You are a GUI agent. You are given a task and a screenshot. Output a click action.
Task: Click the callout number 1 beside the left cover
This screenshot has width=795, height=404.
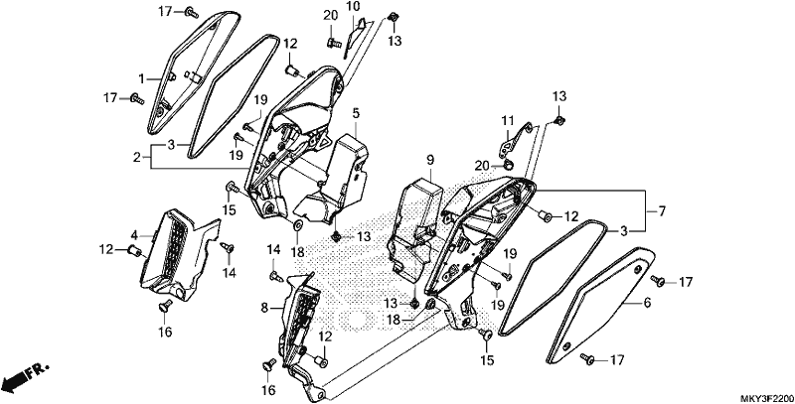pos(142,78)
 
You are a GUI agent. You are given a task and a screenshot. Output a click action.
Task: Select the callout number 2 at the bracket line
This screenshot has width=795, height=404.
pos(137,158)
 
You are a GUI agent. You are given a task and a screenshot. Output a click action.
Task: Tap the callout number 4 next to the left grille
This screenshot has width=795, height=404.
pos(134,235)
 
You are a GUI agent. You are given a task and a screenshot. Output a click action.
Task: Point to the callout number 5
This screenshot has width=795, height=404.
pos(356,113)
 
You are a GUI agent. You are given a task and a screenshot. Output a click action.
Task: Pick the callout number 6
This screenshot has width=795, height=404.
pos(648,303)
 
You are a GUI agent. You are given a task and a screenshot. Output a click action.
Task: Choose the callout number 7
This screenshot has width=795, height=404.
pos(662,210)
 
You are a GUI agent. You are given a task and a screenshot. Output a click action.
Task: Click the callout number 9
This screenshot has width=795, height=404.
pos(430,161)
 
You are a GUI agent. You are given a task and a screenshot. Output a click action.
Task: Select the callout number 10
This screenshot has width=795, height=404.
pos(353,7)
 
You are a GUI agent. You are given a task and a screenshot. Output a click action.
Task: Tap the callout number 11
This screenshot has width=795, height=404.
pos(508,120)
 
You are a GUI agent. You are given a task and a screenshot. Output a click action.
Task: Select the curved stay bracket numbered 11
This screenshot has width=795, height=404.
pos(516,138)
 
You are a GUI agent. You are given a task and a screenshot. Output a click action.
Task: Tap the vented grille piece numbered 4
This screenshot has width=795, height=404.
pos(178,253)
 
